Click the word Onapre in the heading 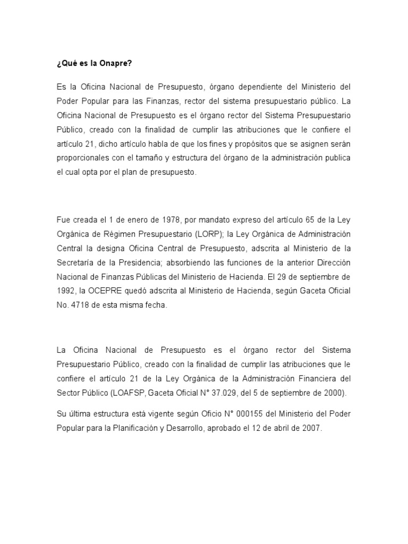pyautogui.click(x=115, y=63)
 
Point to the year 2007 pyautogui.click(x=311, y=428)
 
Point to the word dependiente pyautogui.click(x=245, y=86)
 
